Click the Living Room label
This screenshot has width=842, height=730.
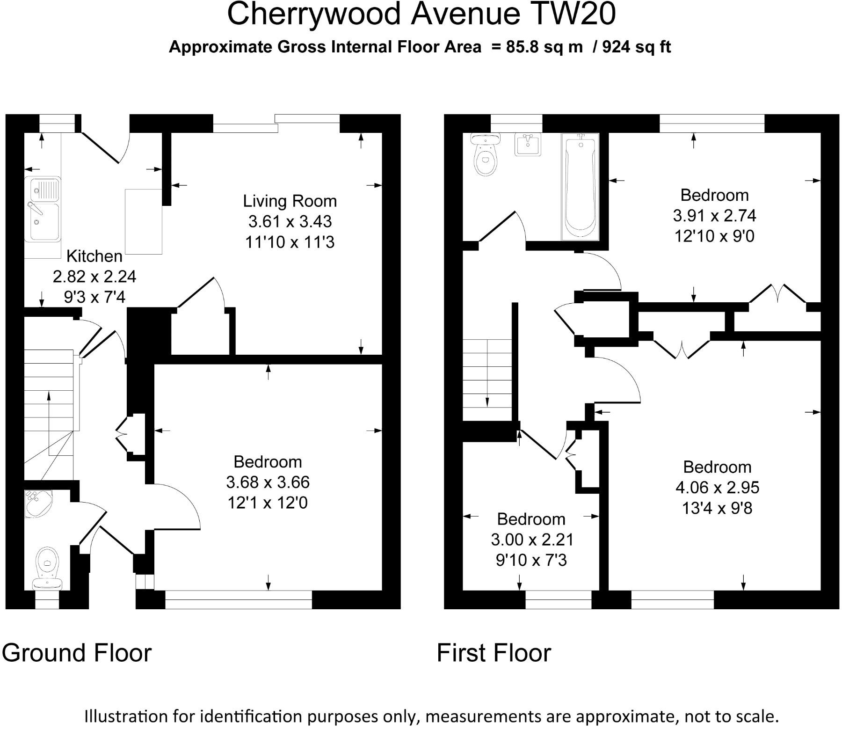(x=290, y=201)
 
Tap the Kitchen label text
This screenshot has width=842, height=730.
(x=94, y=256)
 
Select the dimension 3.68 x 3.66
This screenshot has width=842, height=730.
(x=268, y=482)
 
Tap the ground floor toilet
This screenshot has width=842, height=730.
(x=47, y=568)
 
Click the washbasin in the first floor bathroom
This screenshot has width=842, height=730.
(x=528, y=144)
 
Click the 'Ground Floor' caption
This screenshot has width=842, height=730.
(x=77, y=653)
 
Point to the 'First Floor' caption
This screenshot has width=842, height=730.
(x=494, y=653)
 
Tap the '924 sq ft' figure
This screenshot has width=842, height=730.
(x=637, y=47)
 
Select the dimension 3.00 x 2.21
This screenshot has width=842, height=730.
(x=532, y=540)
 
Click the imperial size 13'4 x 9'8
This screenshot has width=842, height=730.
(x=717, y=508)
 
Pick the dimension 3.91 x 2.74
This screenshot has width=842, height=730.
(x=714, y=215)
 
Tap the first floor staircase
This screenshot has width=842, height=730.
(x=488, y=380)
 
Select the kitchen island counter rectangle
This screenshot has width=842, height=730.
(x=144, y=221)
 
